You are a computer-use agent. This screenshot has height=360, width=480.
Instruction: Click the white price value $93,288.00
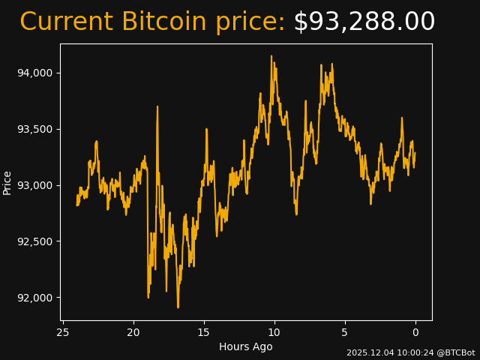[x=364, y=22]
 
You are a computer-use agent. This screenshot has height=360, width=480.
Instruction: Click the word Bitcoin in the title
[x=164, y=22]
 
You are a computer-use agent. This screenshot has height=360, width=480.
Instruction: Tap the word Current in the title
[x=66, y=22]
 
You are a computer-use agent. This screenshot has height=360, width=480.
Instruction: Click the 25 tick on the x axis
[x=63, y=332]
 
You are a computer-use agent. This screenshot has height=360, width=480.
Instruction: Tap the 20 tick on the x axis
[x=133, y=332]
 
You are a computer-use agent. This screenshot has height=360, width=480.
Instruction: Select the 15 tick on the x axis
[x=204, y=332]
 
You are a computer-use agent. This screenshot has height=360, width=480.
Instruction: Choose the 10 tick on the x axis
[x=274, y=332]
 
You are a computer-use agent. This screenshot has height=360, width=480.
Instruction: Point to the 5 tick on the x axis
[x=345, y=332]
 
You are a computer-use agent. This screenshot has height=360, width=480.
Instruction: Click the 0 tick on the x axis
[x=415, y=332]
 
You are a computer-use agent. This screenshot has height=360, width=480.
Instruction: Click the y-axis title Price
[x=7, y=182]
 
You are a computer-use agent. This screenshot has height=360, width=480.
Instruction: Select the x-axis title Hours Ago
[x=245, y=346]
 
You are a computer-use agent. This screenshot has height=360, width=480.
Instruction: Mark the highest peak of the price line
[x=271, y=55]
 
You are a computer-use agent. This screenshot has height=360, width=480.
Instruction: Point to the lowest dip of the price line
[x=178, y=307]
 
